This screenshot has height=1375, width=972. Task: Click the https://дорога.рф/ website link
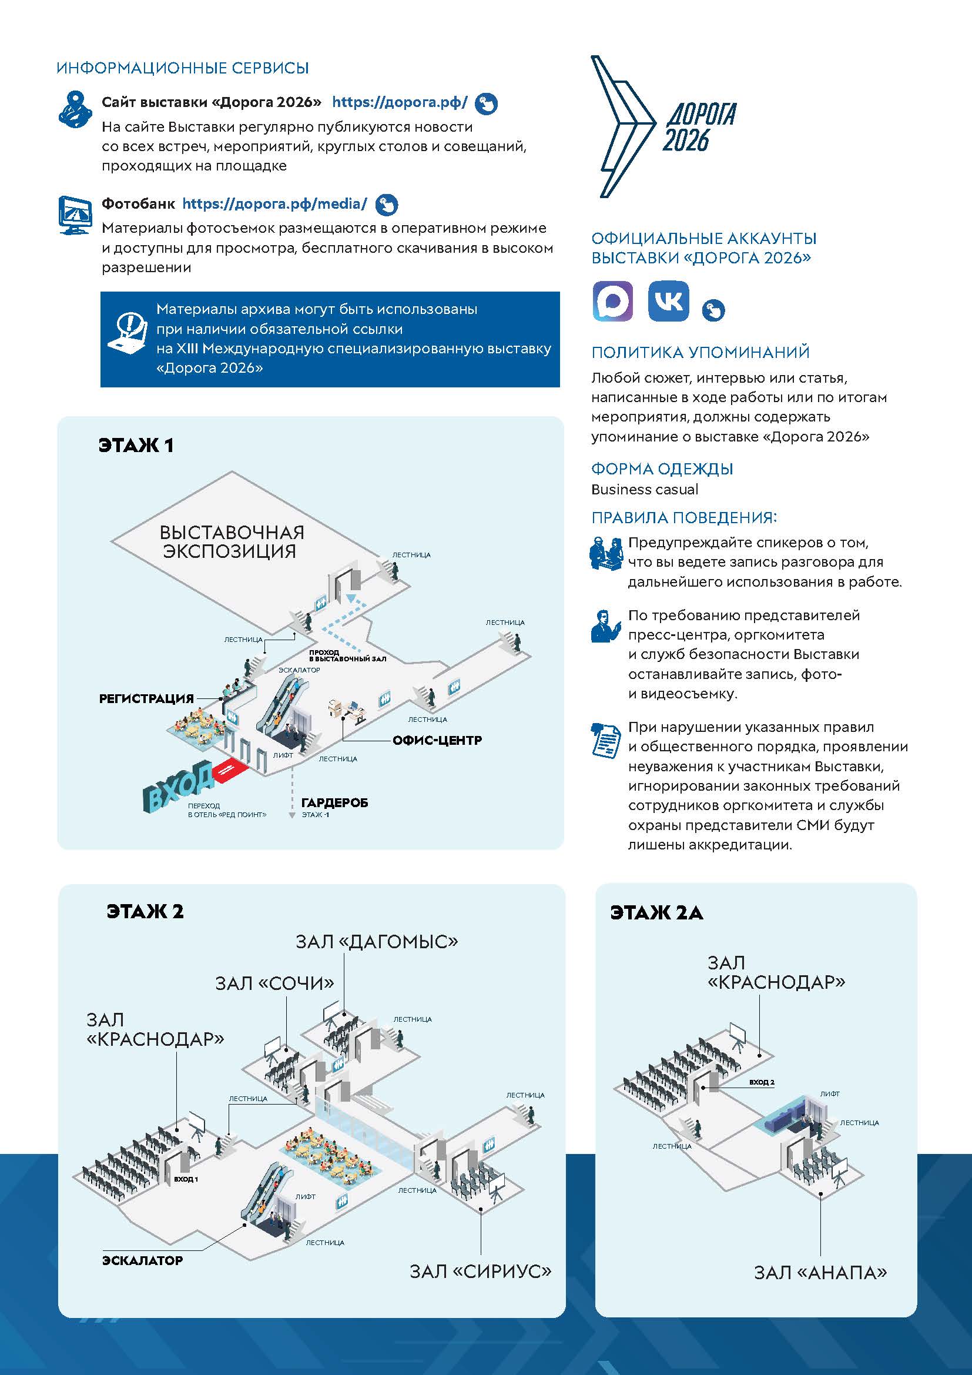tap(400, 102)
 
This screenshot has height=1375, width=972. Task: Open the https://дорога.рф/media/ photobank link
tap(274, 203)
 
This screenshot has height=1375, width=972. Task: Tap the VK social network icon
tap(669, 300)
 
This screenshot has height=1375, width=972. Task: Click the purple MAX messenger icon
tap(612, 300)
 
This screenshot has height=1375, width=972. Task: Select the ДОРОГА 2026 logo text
tap(699, 127)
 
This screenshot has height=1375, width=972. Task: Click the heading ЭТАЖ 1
tap(136, 446)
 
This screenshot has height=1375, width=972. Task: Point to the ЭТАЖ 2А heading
tap(656, 913)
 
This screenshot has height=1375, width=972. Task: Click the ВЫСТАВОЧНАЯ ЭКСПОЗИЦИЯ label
tap(232, 541)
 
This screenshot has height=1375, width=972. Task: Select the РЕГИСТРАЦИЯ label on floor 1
tap(147, 698)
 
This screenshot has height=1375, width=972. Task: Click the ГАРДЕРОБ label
tap(334, 803)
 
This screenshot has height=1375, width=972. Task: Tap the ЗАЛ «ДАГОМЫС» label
tap(377, 942)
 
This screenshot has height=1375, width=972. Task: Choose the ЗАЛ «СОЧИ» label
tap(274, 983)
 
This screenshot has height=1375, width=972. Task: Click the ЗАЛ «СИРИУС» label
tap(481, 1271)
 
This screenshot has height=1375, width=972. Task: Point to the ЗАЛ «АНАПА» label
tap(820, 1272)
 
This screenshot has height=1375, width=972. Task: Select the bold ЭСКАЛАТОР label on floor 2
tap(142, 1260)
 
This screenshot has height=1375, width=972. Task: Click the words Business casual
tap(645, 489)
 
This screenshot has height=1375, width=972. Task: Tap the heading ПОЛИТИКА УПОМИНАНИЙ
tap(700, 352)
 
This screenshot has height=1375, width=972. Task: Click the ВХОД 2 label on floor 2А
tap(762, 1082)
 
